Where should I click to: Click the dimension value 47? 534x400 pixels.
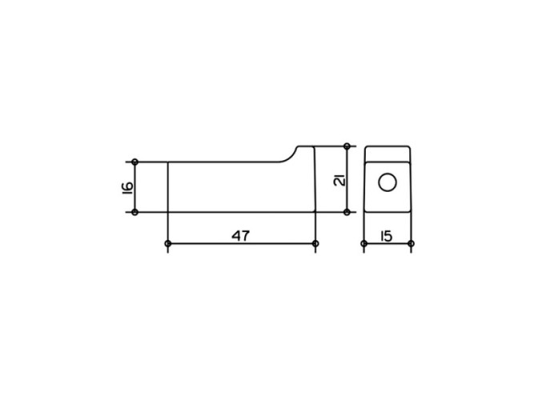click(x=240, y=235)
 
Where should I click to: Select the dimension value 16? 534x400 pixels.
click(x=127, y=187)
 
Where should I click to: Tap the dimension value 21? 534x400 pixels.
click(x=339, y=179)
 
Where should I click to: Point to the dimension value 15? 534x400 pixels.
click(x=387, y=235)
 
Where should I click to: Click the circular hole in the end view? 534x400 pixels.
click(x=387, y=182)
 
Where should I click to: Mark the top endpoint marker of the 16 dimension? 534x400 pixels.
click(x=135, y=162)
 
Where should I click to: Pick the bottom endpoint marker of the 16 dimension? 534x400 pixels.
click(x=135, y=212)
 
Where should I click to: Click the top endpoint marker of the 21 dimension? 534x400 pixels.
click(x=347, y=146)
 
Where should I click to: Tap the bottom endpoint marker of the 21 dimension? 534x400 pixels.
click(x=347, y=212)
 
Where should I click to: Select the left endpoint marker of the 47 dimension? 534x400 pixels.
click(x=167, y=243)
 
